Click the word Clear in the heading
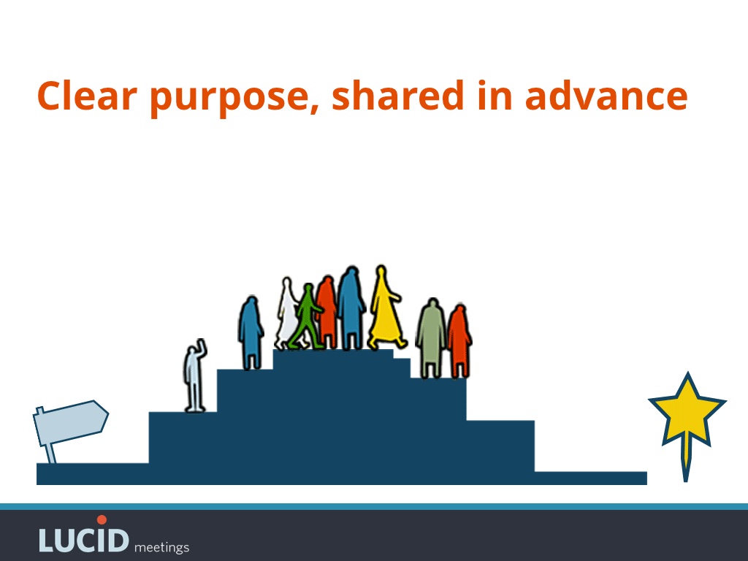[88, 96]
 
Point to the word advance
[606, 96]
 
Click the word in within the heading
[495, 95]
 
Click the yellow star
[687, 411]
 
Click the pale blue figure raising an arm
[194, 377]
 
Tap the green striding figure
[307, 317]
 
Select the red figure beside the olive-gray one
[459, 342]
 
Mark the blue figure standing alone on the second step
[251, 332]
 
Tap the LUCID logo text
[84, 540]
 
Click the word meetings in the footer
[161, 547]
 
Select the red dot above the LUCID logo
[102, 519]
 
